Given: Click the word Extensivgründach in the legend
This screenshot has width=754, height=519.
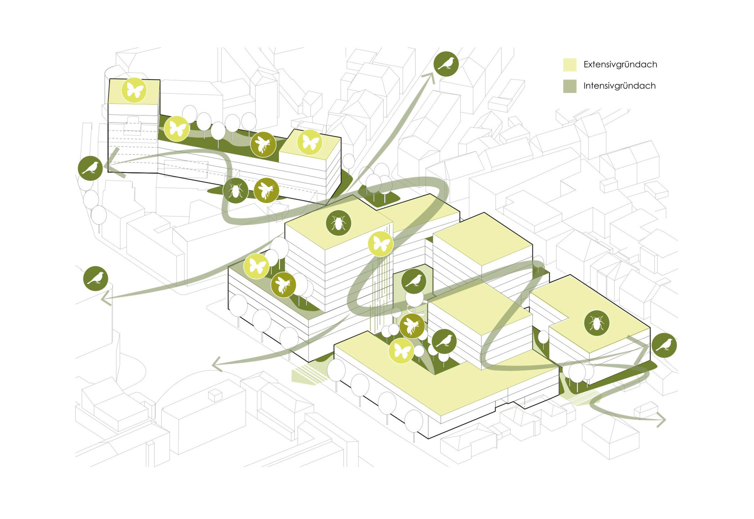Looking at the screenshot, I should click(x=620, y=64).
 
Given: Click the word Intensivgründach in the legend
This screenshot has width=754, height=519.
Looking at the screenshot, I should click(x=619, y=86).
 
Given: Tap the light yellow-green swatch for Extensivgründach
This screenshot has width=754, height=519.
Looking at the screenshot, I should click(x=570, y=65).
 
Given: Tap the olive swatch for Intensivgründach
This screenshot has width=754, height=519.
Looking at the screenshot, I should click(x=570, y=86).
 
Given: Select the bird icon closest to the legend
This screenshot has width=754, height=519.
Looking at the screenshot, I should click(x=446, y=64).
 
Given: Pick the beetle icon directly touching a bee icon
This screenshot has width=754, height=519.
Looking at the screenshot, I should click(x=235, y=191).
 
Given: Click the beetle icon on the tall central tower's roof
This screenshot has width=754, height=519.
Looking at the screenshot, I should click(x=338, y=223).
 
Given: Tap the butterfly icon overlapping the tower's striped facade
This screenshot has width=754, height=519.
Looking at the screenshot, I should click(x=380, y=244).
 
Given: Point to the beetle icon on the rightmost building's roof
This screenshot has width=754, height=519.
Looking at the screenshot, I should click(x=597, y=323).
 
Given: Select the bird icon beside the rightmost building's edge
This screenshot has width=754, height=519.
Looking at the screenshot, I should click(x=664, y=345).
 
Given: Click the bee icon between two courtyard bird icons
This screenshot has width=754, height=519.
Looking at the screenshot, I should click(x=412, y=326).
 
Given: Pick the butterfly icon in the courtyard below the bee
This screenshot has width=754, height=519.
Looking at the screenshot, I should click(x=402, y=350).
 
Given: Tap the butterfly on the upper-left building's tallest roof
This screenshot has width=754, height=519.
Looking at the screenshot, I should click(x=134, y=90).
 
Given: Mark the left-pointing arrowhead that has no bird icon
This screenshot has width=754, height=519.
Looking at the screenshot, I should click(x=216, y=365).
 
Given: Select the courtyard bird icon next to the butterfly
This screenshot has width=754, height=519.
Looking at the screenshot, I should click(x=444, y=342).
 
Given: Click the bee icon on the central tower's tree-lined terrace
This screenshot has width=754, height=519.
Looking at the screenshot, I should click(x=283, y=285).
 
